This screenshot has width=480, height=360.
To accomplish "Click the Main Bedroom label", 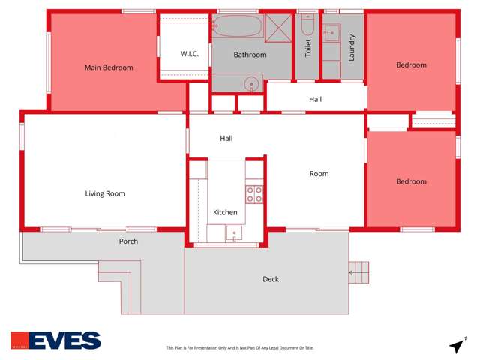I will [109, 67].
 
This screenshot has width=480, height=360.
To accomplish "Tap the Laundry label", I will [352, 48].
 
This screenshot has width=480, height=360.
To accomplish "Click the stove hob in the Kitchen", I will [254, 194].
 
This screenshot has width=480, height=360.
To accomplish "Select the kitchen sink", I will [234, 233].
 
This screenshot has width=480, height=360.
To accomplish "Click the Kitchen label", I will [226, 213].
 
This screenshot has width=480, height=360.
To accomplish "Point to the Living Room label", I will [105, 193].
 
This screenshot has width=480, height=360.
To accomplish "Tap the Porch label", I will [128, 241].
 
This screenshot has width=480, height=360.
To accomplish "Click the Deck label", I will [271, 279].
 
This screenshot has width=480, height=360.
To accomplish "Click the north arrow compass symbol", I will [456, 346].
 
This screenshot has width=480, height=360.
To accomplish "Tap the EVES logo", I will [55, 340].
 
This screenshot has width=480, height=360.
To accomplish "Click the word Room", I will [319, 174].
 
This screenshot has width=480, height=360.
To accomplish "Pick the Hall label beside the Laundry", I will [316, 99].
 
